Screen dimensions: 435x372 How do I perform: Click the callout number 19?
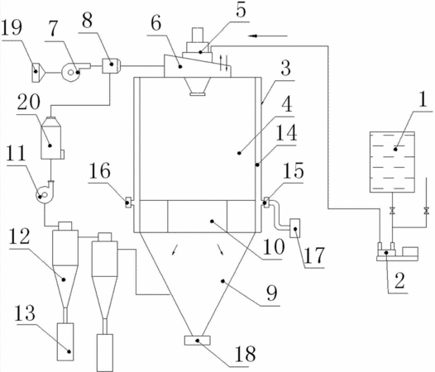12,28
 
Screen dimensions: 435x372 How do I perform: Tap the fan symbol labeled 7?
73,72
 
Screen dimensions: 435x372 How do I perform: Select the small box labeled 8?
111,66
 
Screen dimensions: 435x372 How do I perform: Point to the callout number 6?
156,23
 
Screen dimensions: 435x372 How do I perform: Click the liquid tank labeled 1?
392,162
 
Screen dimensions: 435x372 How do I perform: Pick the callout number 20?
29,103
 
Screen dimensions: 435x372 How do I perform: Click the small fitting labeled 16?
128,203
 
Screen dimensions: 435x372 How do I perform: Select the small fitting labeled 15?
265,203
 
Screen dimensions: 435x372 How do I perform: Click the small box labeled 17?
294,228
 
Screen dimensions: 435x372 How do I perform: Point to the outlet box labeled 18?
198,341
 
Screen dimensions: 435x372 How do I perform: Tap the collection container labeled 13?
65,341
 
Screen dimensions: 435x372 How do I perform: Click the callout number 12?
19,236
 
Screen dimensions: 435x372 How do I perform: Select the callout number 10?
274,246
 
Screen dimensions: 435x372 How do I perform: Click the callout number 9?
272,293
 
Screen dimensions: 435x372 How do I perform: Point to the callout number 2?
399,281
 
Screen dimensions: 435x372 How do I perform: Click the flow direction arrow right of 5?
268,36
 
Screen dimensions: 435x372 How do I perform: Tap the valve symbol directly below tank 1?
392,211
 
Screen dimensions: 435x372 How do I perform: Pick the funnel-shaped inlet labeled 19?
39,73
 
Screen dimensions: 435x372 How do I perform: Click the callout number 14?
286,132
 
